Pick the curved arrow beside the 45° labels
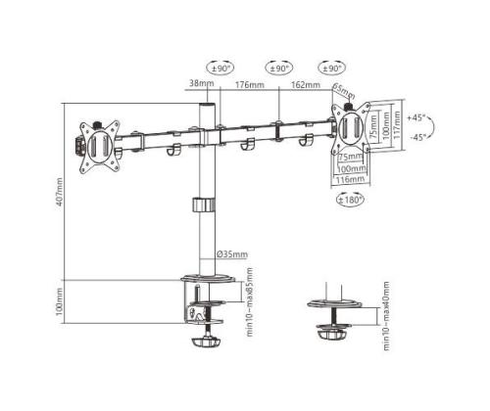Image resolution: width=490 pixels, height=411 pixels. pos(433,126)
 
